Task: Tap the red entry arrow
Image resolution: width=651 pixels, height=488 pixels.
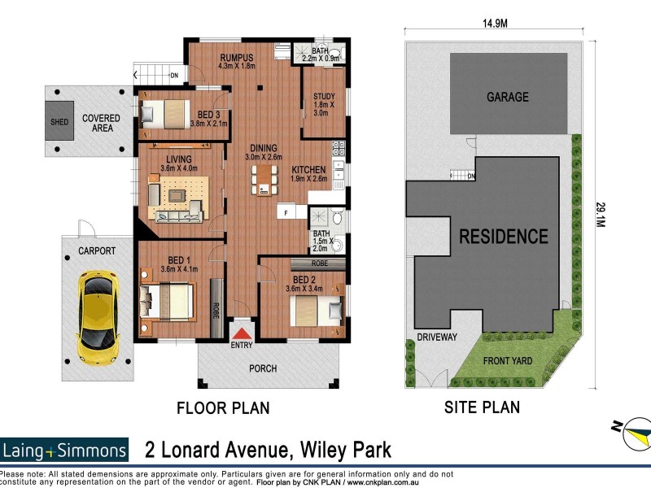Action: pyautogui.click(x=242, y=334)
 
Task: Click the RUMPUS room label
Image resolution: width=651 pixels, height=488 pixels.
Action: pyautogui.click(x=238, y=58)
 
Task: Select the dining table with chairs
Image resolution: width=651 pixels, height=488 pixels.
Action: pyautogui.click(x=263, y=179)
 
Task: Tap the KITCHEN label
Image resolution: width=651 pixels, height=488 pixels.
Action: pyautogui.click(x=309, y=170)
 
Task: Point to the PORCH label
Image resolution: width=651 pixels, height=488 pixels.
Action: pyautogui.click(x=263, y=368)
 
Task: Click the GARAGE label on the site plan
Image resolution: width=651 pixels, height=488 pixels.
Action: pyautogui.click(x=507, y=97)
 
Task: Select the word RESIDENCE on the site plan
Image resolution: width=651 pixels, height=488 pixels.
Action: pyautogui.click(x=504, y=237)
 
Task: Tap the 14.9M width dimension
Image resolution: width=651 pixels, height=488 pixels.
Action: pyautogui.click(x=492, y=24)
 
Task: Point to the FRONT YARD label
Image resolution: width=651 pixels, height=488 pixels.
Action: pyautogui.click(x=509, y=361)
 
